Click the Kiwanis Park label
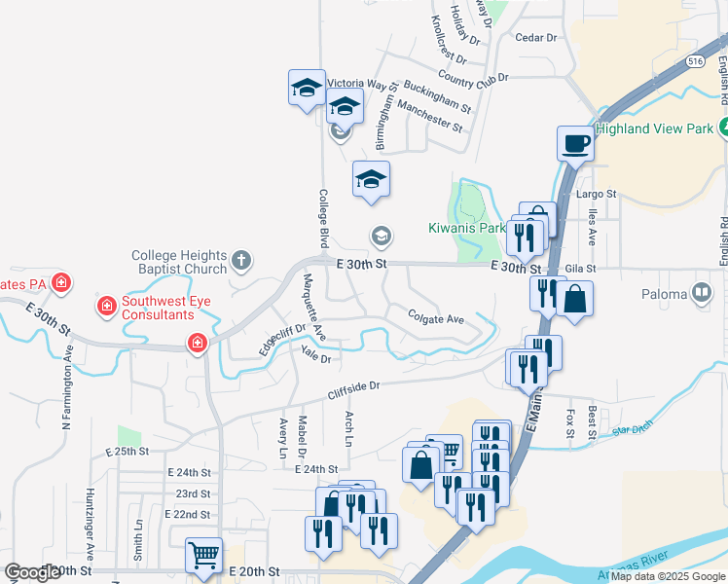466,229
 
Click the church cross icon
241,261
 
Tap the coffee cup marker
575,144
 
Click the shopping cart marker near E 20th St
204,556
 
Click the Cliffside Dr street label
352,388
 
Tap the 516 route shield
694,60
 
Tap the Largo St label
597,194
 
